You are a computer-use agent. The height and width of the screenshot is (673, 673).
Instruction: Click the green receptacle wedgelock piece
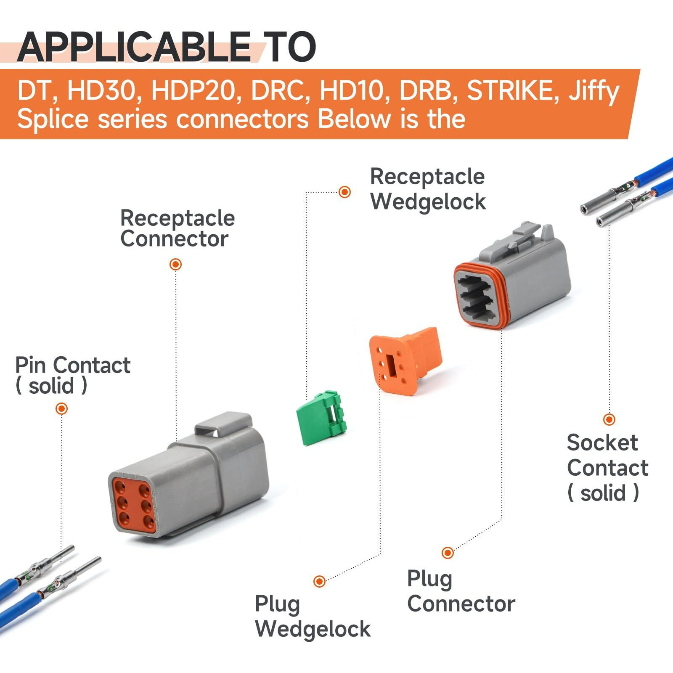click(x=320, y=419)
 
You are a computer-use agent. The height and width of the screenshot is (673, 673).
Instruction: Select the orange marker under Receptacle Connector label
click(x=175, y=264)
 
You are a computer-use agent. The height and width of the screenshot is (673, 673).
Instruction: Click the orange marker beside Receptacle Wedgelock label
click(x=344, y=192)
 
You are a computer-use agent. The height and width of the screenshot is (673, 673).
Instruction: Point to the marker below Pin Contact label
click(x=62, y=408)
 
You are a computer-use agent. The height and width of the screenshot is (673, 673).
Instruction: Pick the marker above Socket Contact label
click(x=609, y=419)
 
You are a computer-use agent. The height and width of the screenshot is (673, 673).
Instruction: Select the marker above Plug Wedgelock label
click(x=319, y=581)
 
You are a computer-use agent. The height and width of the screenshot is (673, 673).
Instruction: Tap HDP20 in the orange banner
click(x=196, y=90)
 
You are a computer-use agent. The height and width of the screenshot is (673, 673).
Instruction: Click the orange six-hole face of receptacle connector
click(x=133, y=504)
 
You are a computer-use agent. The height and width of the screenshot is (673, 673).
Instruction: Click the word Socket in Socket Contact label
click(x=602, y=443)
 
